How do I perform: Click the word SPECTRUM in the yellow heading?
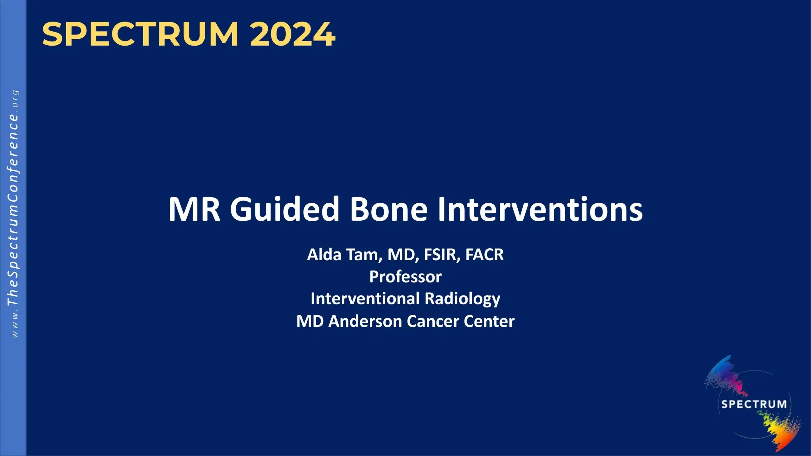pyautogui.click(x=140, y=34)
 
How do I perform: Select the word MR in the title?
pyautogui.click(x=194, y=209)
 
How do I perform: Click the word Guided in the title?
pyautogui.click(x=284, y=209)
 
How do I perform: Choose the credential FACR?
pyautogui.click(x=484, y=254)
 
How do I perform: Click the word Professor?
pyautogui.click(x=405, y=276)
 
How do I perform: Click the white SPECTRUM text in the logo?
pyautogui.click(x=754, y=404)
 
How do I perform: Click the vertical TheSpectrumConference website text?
pyautogui.click(x=13, y=214)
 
